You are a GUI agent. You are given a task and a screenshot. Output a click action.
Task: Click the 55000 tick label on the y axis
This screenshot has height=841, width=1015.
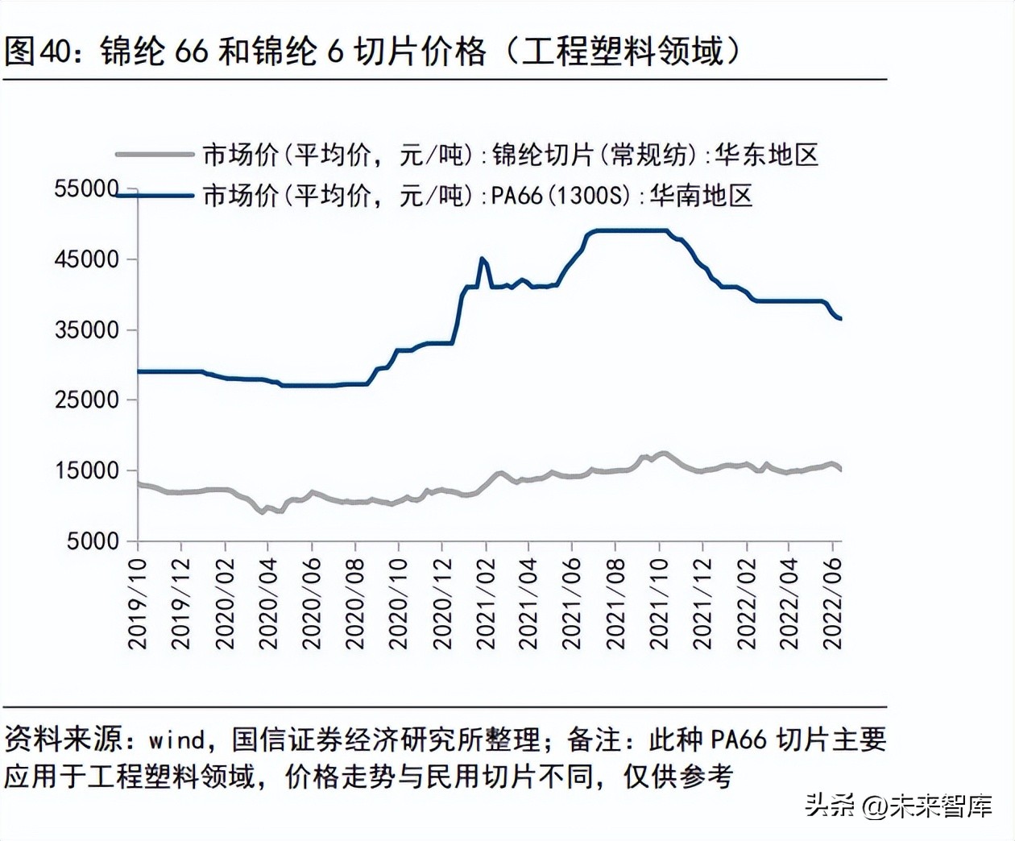click(x=86, y=188)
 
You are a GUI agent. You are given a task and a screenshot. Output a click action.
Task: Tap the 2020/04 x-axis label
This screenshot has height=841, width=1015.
click(x=267, y=604)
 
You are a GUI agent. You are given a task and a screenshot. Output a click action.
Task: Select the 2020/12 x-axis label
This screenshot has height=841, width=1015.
click(x=441, y=604)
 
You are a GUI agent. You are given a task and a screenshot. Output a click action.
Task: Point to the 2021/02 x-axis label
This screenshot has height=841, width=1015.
click(x=485, y=604)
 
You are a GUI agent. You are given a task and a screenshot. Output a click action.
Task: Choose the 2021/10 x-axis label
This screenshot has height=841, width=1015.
click(x=659, y=604)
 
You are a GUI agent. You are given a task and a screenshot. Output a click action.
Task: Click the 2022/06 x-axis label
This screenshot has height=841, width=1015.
click(x=832, y=604)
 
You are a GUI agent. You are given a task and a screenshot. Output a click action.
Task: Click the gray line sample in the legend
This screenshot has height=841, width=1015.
click(x=155, y=154)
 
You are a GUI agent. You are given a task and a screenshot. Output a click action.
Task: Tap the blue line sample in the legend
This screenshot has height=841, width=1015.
click(x=155, y=195)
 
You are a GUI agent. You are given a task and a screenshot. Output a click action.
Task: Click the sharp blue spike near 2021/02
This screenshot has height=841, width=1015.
click(x=482, y=259)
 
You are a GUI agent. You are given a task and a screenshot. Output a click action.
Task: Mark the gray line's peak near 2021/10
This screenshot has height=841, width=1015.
click(x=662, y=454)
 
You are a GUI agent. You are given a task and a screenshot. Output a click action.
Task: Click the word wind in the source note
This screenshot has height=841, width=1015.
click(x=177, y=739)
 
